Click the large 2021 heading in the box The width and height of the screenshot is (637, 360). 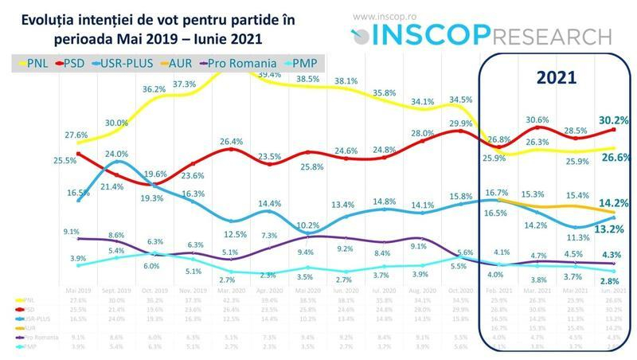click(x=551, y=78)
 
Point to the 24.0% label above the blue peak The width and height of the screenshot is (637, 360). click(x=117, y=154)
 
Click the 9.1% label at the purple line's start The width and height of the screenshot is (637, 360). click(x=70, y=232)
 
